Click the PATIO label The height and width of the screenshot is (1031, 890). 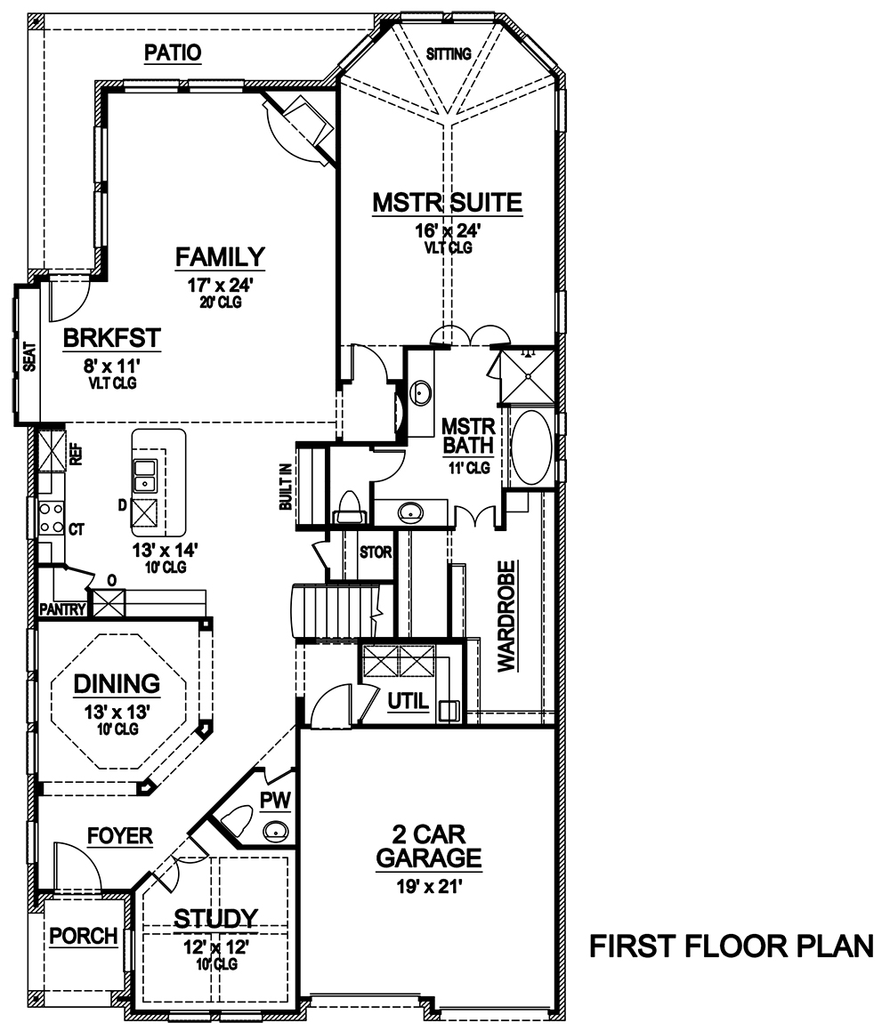click(x=173, y=53)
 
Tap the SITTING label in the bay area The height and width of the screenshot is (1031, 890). click(x=448, y=54)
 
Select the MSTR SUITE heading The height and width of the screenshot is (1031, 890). click(x=447, y=203)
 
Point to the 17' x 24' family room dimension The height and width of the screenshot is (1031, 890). click(x=220, y=286)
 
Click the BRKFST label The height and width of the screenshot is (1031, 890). click(x=111, y=338)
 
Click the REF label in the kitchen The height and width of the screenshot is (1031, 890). click(x=76, y=455)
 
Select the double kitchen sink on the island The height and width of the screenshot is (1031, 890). click(x=144, y=476)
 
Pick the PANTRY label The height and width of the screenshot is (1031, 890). click(x=62, y=610)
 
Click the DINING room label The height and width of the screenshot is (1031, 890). click(x=117, y=684)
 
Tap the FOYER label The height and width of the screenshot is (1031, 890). click(x=119, y=836)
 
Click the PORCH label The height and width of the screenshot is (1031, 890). click(x=83, y=936)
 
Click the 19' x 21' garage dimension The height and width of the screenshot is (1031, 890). click(x=428, y=885)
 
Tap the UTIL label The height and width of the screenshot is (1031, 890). click(x=409, y=703)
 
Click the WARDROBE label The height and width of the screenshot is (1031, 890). click(x=506, y=616)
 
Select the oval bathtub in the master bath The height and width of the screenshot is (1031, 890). click(x=531, y=447)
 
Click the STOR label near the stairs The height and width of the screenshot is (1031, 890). click(x=375, y=552)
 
